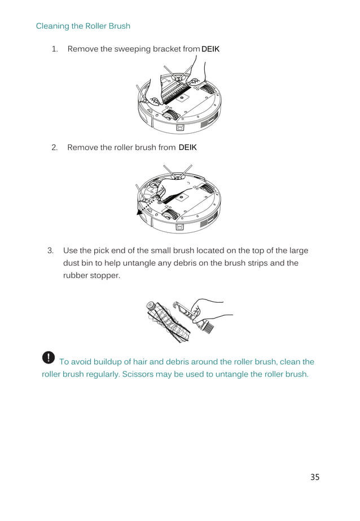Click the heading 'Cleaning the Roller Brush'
click(x=83, y=26)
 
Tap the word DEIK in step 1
click(x=210, y=49)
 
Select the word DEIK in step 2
click(x=187, y=148)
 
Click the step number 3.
click(x=50, y=250)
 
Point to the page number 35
click(x=315, y=477)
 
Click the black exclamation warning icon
click(x=49, y=357)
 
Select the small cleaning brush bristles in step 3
click(x=207, y=328)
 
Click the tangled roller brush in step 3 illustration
click(x=169, y=321)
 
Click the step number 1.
click(x=55, y=49)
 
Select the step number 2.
click(x=55, y=148)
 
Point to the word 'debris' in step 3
click(x=185, y=263)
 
